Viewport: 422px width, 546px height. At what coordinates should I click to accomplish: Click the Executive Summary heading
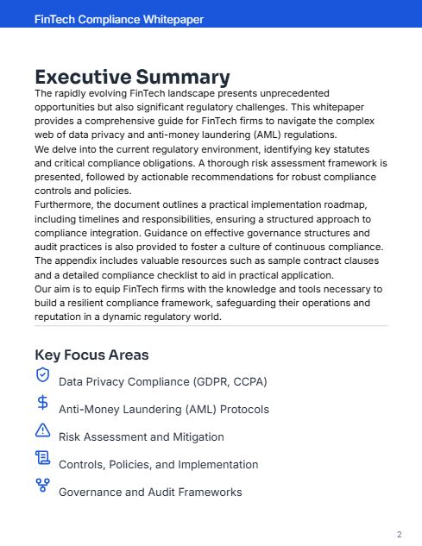pos(132,77)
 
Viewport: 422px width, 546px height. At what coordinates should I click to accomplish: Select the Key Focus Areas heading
pos(91,355)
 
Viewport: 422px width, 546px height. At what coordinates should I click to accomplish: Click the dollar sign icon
pos(42,402)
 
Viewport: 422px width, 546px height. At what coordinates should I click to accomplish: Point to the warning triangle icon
pos(42,430)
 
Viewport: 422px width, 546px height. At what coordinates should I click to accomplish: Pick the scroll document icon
pos(42,458)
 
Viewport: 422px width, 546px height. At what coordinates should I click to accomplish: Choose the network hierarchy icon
pos(42,486)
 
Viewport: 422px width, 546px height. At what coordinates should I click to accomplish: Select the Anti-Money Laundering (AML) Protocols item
pos(163,409)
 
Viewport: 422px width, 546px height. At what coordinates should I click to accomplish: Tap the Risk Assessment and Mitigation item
pos(141,436)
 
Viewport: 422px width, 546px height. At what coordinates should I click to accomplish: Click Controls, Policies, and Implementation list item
pos(158,464)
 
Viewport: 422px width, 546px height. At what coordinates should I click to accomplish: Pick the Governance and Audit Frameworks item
pos(149,493)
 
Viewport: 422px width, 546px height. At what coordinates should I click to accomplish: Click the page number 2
pos(399,535)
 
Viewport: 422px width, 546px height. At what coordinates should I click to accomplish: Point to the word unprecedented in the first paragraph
pos(294,92)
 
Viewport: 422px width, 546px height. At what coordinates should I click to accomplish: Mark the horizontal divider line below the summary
pos(211,326)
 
